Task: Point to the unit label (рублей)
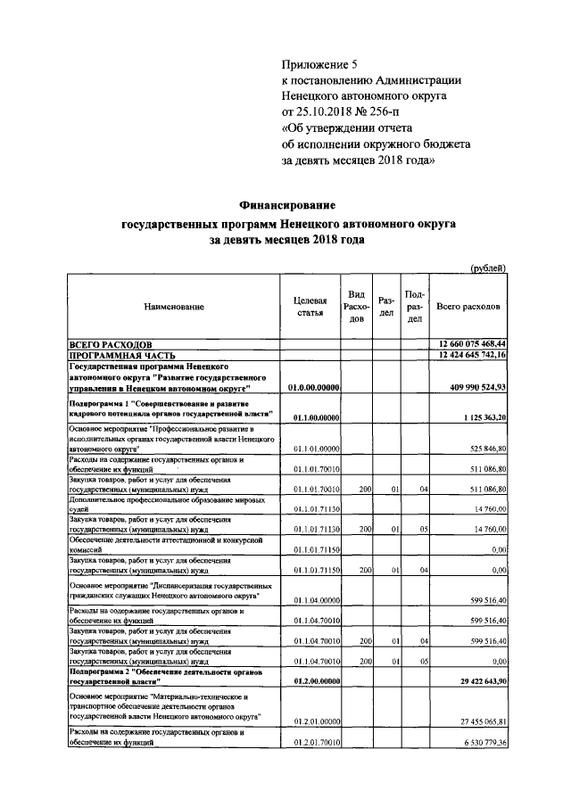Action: pyautogui.click(x=489, y=268)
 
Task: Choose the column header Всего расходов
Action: pyautogui.click(x=468, y=307)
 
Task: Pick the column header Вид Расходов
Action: pyautogui.click(x=356, y=307)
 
